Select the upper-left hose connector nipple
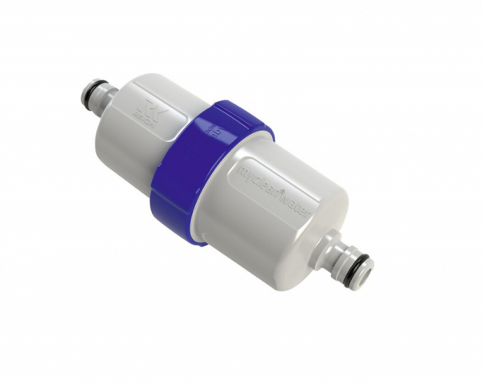(104, 95)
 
